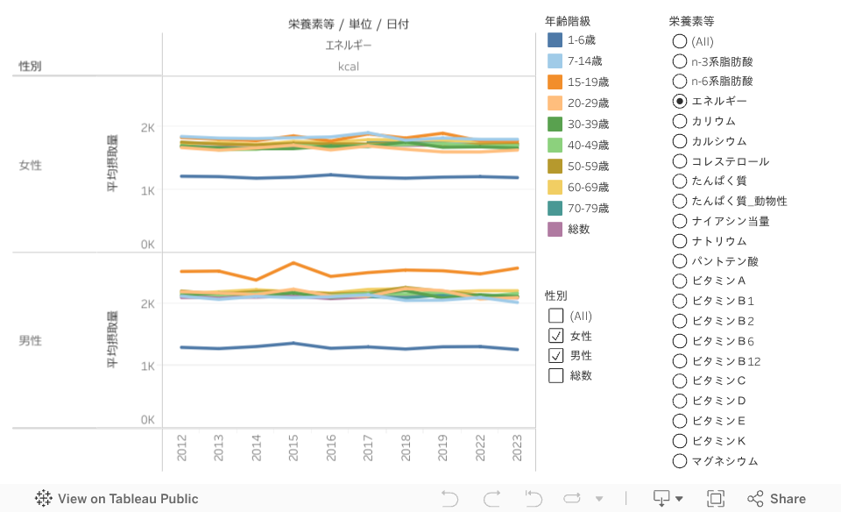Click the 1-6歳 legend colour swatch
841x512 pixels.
tap(555, 39)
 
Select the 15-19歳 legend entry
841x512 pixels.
tap(588, 82)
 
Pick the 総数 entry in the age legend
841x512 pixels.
tap(578, 229)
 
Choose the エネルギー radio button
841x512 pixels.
tap(680, 101)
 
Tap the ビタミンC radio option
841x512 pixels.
tap(680, 380)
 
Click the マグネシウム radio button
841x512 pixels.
tap(680, 460)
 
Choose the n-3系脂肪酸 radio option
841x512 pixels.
tap(680, 61)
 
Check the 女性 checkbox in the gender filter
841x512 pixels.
tap(556, 336)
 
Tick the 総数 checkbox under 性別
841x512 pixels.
tap(556, 375)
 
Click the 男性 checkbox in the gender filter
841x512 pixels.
tap(556, 355)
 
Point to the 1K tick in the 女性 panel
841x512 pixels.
tap(148, 190)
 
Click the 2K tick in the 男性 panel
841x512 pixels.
tap(148, 304)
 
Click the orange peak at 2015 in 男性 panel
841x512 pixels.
tap(293, 262)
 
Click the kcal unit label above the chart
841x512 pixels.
tap(349, 66)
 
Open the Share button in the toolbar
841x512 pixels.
tap(776, 499)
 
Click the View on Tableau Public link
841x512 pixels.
tap(117, 499)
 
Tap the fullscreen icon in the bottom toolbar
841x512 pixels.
tap(716, 499)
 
